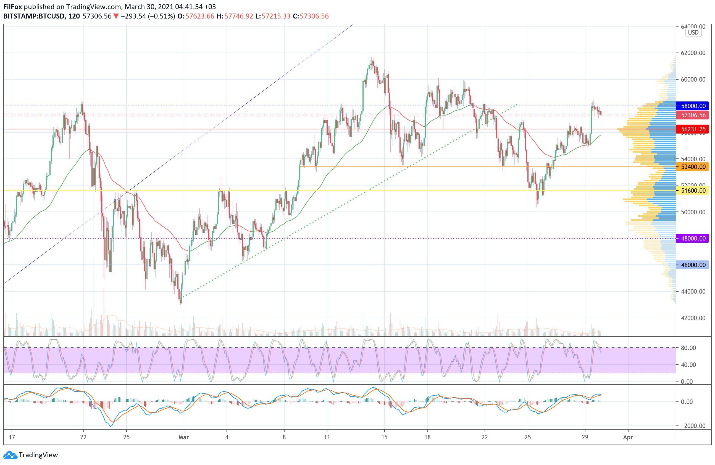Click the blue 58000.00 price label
pos(693,106)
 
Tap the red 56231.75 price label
pos(693,129)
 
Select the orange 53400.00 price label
pos(693,167)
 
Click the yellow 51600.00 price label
pos(693,190)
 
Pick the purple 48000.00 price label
pos(693,238)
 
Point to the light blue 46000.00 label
pos(693,265)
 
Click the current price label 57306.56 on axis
pos(693,115)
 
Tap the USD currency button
pos(693,32)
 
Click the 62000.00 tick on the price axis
pos(693,53)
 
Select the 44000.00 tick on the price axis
pos(693,291)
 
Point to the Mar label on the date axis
pos(183,437)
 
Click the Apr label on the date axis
pos(628,437)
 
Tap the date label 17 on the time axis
pos(12,437)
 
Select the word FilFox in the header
pos(13,7)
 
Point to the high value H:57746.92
pos(235,16)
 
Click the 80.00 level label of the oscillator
pos(688,348)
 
